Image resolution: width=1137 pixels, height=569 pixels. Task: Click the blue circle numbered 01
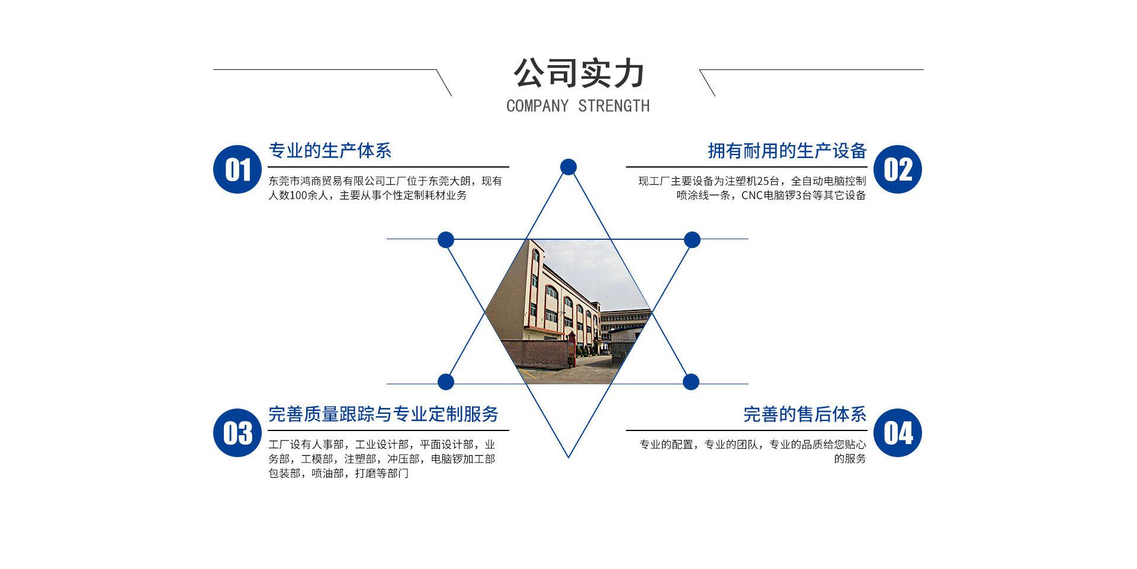pyautogui.click(x=237, y=169)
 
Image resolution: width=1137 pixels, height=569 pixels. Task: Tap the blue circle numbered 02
pyautogui.click(x=898, y=169)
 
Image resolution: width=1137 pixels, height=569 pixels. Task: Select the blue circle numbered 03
pyautogui.click(x=237, y=433)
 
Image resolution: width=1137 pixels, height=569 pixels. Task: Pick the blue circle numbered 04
pyautogui.click(x=898, y=433)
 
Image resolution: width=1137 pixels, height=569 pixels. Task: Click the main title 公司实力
pyautogui.click(x=578, y=73)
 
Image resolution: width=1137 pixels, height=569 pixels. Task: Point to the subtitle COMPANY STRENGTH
pyautogui.click(x=578, y=106)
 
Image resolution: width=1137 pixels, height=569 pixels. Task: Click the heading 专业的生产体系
pyautogui.click(x=330, y=151)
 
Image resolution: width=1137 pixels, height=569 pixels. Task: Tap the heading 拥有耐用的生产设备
pyautogui.click(x=787, y=151)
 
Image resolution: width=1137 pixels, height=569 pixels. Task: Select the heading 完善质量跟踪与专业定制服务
pyautogui.click(x=383, y=414)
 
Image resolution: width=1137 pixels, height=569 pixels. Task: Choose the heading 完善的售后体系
pyautogui.click(x=805, y=414)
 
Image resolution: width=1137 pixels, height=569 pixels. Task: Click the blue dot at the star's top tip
pyautogui.click(x=568, y=167)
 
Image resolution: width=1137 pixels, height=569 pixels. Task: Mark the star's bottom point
pyautogui.click(x=568, y=457)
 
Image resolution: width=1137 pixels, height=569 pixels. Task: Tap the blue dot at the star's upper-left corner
pyautogui.click(x=446, y=240)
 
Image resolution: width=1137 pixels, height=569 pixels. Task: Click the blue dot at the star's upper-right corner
pyautogui.click(x=692, y=240)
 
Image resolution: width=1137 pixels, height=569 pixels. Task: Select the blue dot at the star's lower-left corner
pyautogui.click(x=446, y=382)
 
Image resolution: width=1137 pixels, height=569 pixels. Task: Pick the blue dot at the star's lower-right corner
pyautogui.click(x=691, y=382)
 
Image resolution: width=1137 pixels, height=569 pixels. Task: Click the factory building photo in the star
pyautogui.click(x=568, y=311)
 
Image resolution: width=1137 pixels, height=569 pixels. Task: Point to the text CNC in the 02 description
pyautogui.click(x=752, y=195)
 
